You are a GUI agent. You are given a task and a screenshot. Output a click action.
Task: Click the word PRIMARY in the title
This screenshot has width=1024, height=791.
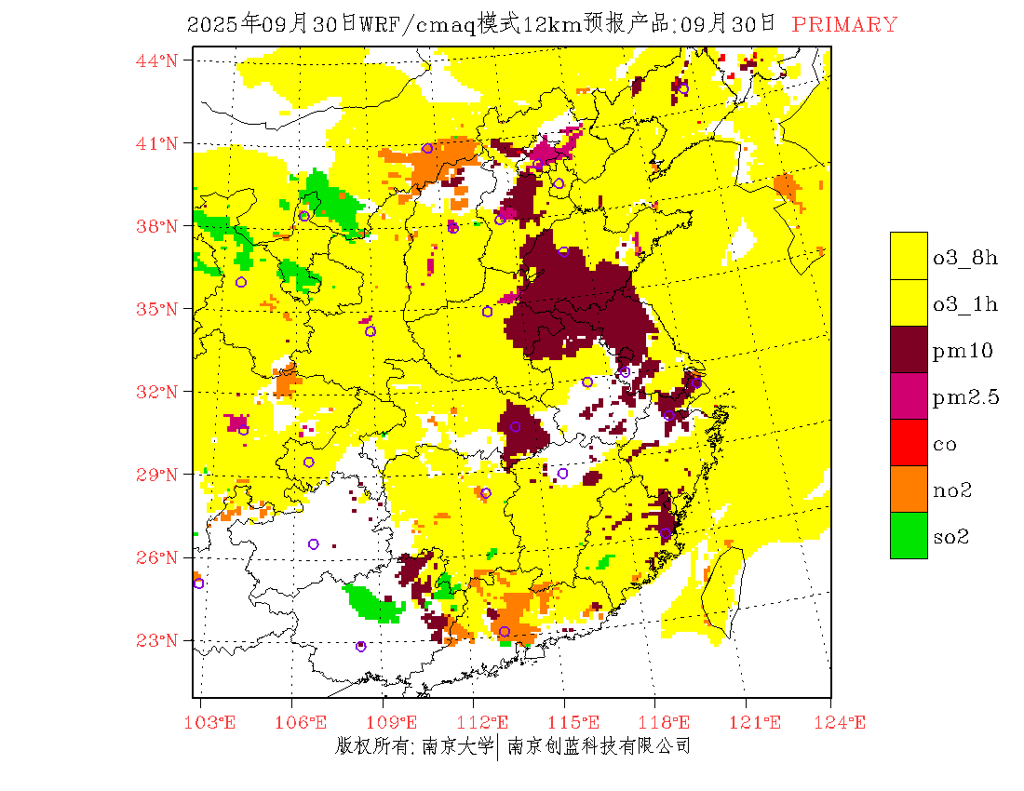pyautogui.click(x=844, y=25)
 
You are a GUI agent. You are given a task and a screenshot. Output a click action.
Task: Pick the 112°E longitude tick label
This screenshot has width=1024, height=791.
pyautogui.click(x=488, y=722)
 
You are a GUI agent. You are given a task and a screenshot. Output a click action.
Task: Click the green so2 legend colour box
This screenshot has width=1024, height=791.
pyautogui.click(x=909, y=535)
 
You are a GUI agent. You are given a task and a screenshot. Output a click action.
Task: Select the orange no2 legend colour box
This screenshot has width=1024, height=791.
pyautogui.click(x=909, y=489)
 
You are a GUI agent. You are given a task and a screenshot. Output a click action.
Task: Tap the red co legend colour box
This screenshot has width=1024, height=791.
pyautogui.click(x=909, y=442)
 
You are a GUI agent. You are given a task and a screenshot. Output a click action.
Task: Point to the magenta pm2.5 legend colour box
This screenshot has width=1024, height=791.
pyautogui.click(x=909, y=395)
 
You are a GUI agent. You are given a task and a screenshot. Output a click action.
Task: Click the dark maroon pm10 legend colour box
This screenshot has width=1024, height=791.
pyautogui.click(x=909, y=349)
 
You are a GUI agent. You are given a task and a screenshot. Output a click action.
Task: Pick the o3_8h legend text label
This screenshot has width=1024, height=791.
pyautogui.click(x=965, y=257)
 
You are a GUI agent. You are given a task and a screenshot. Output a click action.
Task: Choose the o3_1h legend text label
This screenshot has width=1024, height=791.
pyautogui.click(x=965, y=303)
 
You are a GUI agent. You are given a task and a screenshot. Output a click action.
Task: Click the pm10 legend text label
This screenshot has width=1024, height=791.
pyautogui.click(x=962, y=351)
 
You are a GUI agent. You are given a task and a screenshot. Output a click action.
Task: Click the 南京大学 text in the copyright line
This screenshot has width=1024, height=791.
pyautogui.click(x=457, y=745)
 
